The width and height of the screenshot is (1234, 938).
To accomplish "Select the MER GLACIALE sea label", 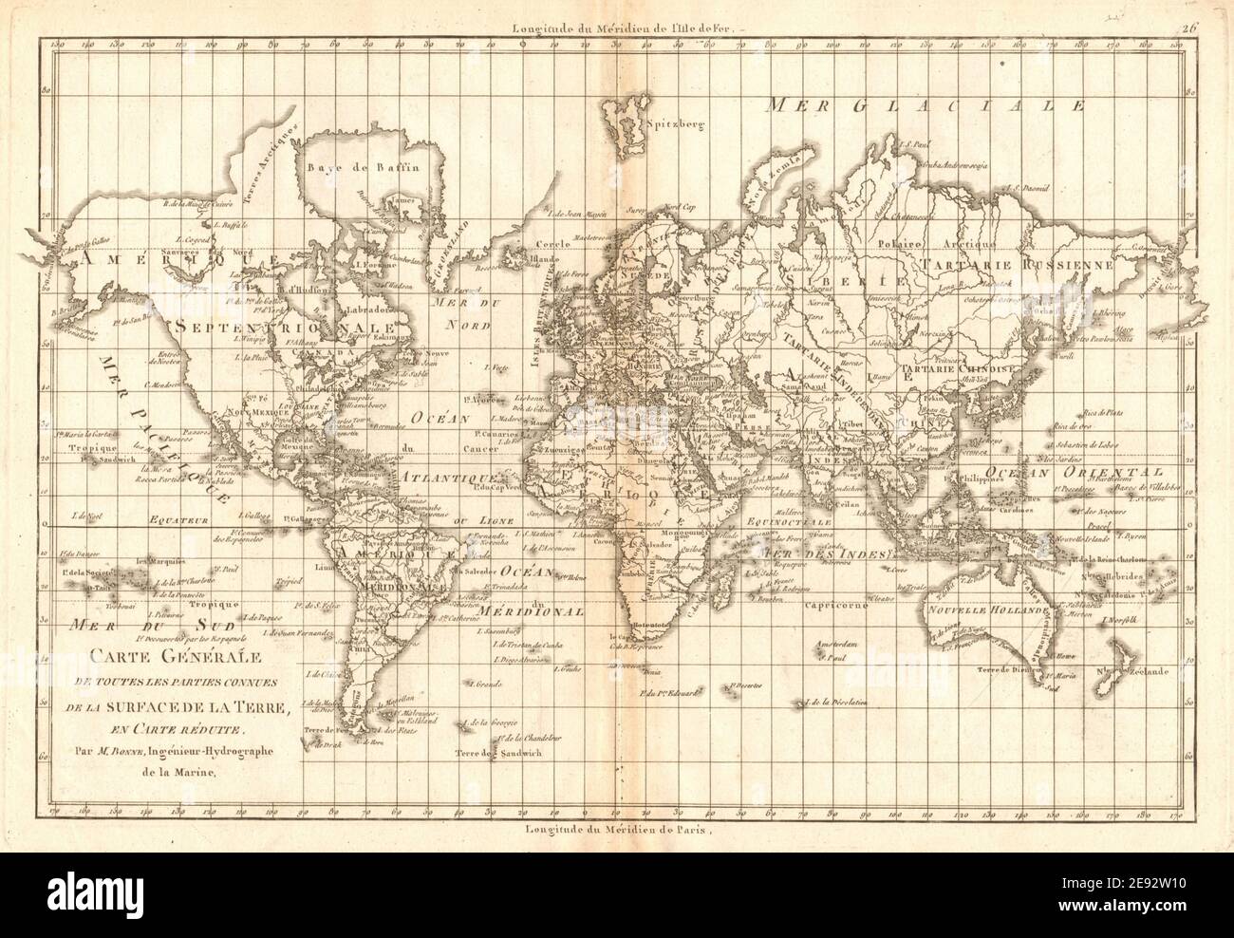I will coord(928,105).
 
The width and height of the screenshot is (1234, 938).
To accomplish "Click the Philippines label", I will coord(966,479).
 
